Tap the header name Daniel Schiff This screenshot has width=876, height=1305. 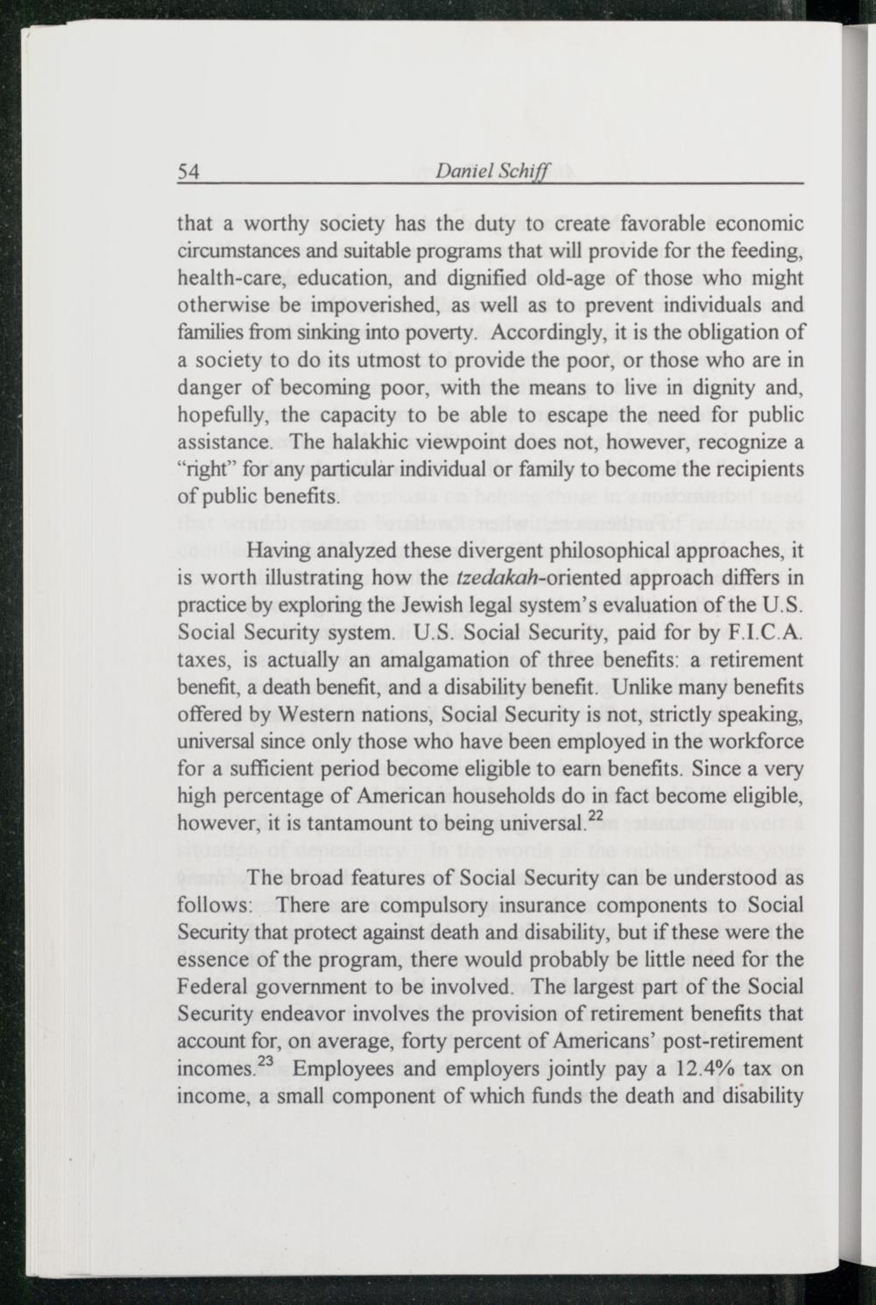pyautogui.click(x=491, y=173)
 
